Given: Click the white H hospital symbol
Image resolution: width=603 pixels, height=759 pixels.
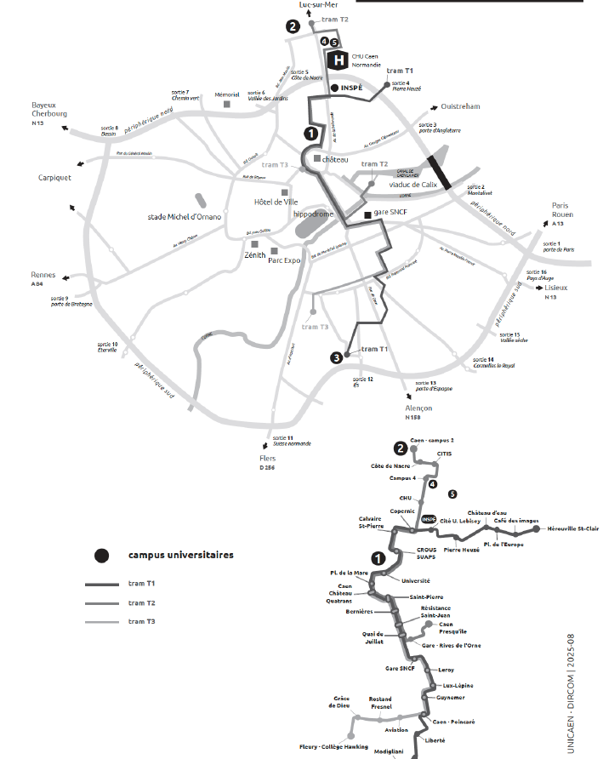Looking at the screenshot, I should point(339,60).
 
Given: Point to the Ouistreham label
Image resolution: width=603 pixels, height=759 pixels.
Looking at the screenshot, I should point(461,106).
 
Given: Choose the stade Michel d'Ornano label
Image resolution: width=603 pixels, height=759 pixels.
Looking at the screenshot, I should point(184,217).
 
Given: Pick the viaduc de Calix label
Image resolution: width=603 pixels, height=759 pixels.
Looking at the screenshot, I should point(412,184).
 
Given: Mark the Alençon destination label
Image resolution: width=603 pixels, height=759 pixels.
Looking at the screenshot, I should point(418,408).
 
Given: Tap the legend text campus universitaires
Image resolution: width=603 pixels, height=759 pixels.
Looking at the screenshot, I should point(181,555).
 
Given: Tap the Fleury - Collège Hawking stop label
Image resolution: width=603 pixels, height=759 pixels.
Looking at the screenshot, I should point(333,746).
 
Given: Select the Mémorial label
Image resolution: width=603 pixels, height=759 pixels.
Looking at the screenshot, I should point(227,94).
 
